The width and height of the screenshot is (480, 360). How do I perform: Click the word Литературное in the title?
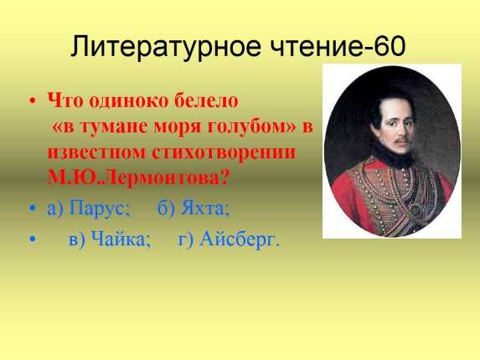tap(166, 47)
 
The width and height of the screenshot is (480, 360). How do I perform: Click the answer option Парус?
tap(100, 208)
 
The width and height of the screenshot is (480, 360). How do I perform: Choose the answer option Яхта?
tap(204, 208)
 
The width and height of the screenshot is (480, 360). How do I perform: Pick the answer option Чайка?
tap(121, 239)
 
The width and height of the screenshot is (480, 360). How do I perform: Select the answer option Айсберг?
tap(240, 239)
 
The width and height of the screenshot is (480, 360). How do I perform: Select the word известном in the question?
tap(96, 153)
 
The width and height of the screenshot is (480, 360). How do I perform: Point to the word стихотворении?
tap(224, 152)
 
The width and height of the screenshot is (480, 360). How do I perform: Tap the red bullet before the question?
tap(33, 100)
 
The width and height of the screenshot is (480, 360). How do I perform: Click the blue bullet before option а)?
tap(33, 208)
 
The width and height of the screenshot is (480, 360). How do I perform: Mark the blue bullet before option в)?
tap(33, 239)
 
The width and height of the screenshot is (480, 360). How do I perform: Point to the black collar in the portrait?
tap(395, 157)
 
